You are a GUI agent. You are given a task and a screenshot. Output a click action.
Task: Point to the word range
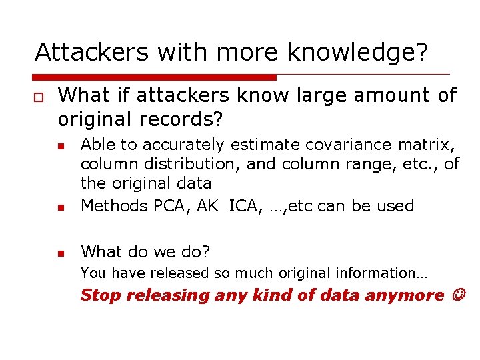click(x=361, y=163)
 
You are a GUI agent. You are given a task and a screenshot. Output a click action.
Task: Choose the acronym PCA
click(x=169, y=206)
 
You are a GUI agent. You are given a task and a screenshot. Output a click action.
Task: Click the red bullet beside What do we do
click(x=60, y=253)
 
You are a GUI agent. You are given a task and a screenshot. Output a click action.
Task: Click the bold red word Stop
click(x=100, y=295)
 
